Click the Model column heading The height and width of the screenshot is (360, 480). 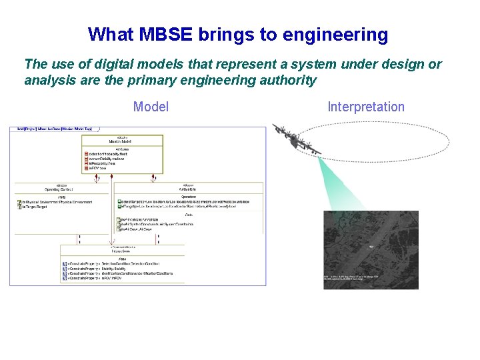click(151, 107)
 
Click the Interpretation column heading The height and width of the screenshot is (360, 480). click(366, 107)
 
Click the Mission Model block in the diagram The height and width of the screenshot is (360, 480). click(122, 141)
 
